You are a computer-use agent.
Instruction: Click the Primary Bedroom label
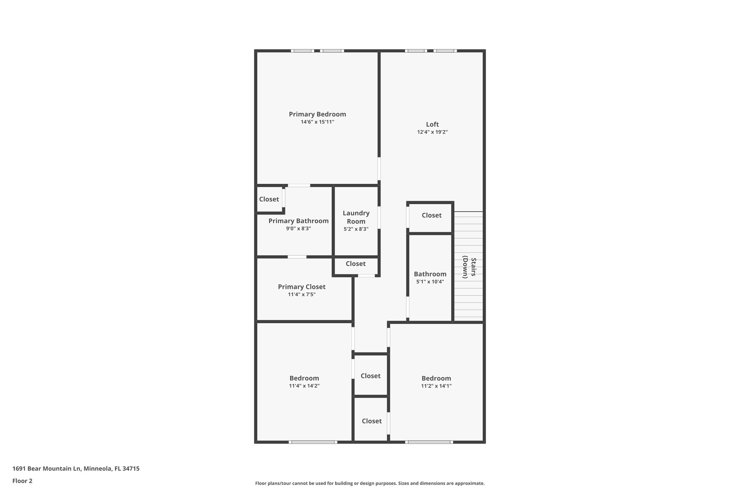tap(317, 114)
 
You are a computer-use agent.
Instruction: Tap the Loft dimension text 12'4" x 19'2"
tap(432, 132)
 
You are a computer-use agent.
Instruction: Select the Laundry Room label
tap(356, 217)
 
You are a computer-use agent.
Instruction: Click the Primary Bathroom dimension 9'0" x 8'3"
tap(298, 229)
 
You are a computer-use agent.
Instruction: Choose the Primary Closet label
tap(301, 287)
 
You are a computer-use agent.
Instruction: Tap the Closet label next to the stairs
tap(431, 215)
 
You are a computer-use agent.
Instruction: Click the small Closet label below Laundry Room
tap(356, 264)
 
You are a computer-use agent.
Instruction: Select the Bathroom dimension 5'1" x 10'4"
tap(430, 282)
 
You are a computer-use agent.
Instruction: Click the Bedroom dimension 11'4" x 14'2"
tap(304, 386)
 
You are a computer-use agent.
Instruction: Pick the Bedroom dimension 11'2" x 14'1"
tap(436, 386)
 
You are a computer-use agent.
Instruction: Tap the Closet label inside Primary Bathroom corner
tap(269, 199)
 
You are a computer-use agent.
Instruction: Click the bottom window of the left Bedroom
tap(313, 442)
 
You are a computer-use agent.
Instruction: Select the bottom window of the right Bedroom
tap(429, 442)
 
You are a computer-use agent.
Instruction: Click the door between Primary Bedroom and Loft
tap(379, 168)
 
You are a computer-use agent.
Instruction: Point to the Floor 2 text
tap(22, 481)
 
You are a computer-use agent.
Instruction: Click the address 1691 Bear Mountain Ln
tap(76, 468)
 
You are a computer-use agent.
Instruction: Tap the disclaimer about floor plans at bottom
tap(370, 483)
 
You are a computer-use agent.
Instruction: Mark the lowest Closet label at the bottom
tap(371, 421)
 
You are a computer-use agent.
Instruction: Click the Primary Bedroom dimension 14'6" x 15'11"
tap(317, 122)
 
